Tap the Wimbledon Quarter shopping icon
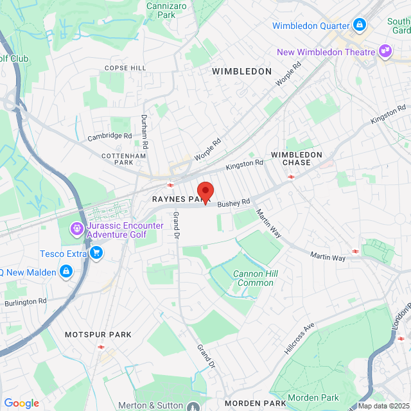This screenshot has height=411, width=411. click(x=360, y=26)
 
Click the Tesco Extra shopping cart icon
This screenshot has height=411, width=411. click(x=96, y=254)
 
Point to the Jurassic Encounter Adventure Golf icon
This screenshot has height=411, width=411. click(x=77, y=227)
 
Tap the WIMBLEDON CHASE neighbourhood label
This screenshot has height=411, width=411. click(x=296, y=159)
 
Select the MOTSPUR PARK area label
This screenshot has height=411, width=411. click(x=98, y=335)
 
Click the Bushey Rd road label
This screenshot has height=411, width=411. click(x=233, y=204)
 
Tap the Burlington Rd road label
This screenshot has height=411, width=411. click(x=25, y=301)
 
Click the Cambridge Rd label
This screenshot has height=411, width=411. click(x=110, y=136)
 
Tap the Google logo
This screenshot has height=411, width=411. click(x=21, y=403)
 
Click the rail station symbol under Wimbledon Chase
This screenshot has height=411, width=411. click(x=291, y=175)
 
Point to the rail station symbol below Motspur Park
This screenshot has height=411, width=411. click(x=101, y=347)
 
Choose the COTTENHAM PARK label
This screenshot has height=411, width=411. click(x=124, y=159)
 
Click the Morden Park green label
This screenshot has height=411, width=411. click(x=313, y=398)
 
